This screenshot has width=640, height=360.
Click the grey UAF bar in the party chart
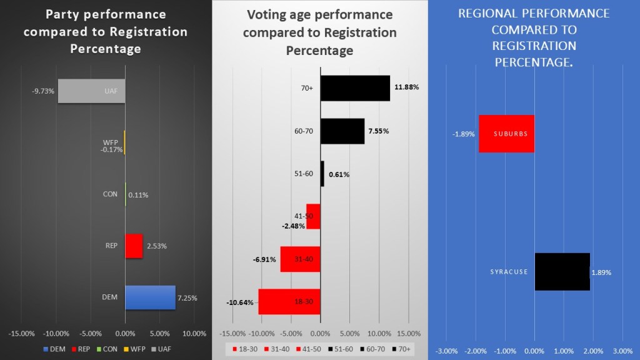tap(91, 91)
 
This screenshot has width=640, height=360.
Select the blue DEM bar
tap(150, 297)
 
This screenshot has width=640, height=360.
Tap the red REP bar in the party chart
tap(134, 246)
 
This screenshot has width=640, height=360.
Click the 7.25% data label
tap(187, 298)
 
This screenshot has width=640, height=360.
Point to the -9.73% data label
tap(43, 91)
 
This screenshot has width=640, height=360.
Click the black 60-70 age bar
tap(342, 131)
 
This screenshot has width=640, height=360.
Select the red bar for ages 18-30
tap(289, 302)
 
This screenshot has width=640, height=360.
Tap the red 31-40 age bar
tap(300, 259)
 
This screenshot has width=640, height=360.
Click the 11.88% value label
tap(406, 87)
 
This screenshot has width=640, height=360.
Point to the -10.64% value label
tap(240, 302)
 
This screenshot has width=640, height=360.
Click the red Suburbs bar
tap(506, 134)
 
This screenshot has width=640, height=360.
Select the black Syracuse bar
tap(562, 272)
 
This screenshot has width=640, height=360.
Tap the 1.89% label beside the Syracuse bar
tap(601, 272)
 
